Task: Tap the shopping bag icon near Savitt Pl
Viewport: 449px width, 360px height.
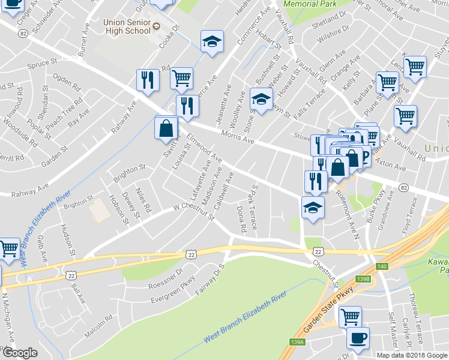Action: click(x=166, y=128)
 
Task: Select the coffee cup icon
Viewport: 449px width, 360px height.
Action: click(x=358, y=338)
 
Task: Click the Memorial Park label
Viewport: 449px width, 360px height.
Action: click(x=310, y=4)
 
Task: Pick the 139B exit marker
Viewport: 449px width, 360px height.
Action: click(x=363, y=279)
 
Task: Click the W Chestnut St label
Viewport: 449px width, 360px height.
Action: click(x=193, y=211)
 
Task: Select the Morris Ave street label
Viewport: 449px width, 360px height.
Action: click(x=238, y=137)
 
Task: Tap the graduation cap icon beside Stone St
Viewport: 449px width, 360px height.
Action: click(x=261, y=98)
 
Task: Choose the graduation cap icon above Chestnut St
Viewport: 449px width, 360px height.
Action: click(x=312, y=208)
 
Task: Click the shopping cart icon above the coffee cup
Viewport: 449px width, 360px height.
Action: click(x=349, y=315)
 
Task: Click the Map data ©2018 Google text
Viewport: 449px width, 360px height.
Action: click(x=412, y=355)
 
